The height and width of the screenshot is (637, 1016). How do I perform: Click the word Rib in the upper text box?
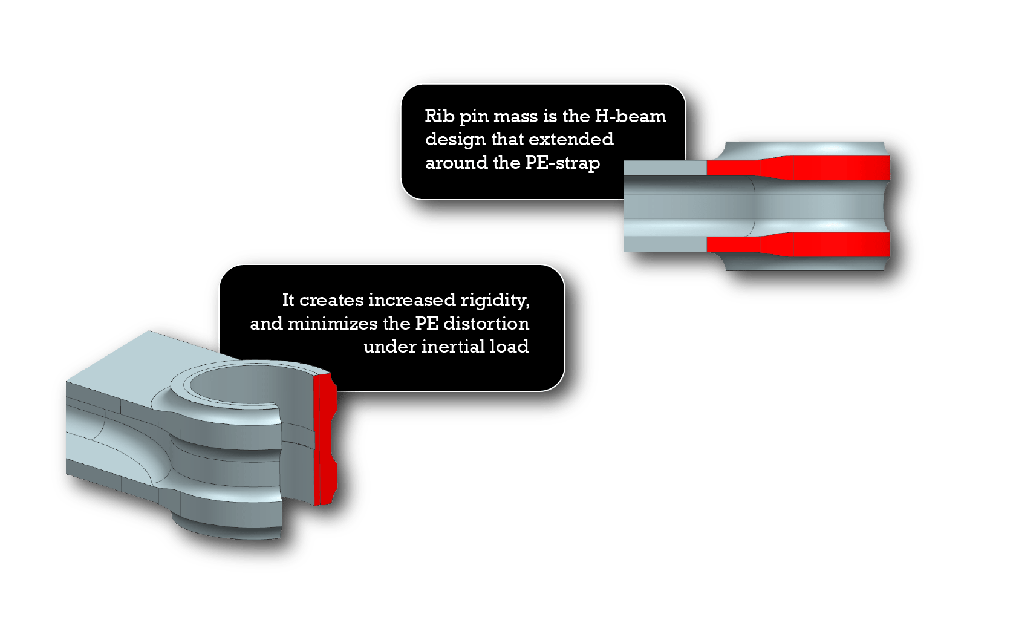tap(439, 116)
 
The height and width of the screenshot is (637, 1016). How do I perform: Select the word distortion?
tap(486, 324)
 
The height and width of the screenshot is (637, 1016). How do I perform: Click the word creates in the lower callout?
tap(331, 300)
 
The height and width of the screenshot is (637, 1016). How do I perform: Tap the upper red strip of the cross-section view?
tap(798, 168)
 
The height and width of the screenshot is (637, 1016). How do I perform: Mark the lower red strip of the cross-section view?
tap(798, 244)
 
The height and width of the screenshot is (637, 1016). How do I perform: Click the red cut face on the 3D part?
tap(325, 439)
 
